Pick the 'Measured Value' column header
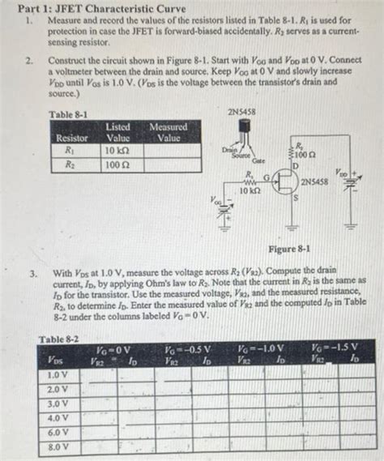pyautogui.click(x=168, y=132)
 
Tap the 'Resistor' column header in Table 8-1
pyautogui.click(x=70, y=138)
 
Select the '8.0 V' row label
pyautogui.click(x=58, y=446)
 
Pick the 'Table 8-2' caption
pyautogui.click(x=58, y=338)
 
